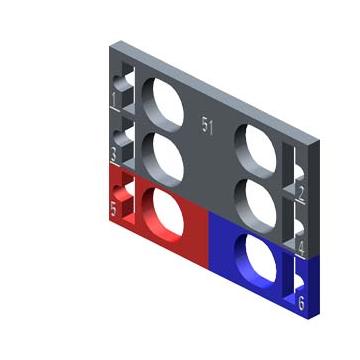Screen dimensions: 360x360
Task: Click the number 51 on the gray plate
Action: tap(207, 126)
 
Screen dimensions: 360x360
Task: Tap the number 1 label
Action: tap(114, 99)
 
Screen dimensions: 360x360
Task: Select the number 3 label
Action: tap(114, 154)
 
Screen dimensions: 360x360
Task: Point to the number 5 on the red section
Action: tap(114, 209)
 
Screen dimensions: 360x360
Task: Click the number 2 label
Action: tap(301, 194)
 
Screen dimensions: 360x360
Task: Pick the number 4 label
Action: tap(301, 249)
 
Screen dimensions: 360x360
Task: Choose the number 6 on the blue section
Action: tap(301, 303)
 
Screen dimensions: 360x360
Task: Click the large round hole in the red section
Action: tap(163, 215)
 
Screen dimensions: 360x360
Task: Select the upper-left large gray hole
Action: tap(163, 105)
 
